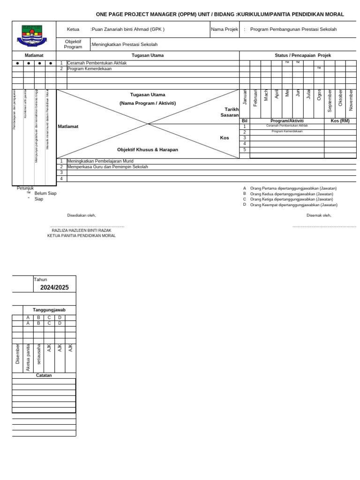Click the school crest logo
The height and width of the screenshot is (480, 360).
pos(32,36)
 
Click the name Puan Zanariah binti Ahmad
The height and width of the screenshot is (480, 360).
pos(127,30)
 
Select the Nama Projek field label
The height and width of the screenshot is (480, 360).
pos(225,30)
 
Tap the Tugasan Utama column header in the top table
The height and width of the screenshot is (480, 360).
pos(148,55)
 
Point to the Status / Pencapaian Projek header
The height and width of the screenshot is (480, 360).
pos(302,55)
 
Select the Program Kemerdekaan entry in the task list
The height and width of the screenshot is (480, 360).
pos(90,68)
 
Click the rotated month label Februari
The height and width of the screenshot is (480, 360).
pos(255,97)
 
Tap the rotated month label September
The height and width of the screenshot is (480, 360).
pos(330,100)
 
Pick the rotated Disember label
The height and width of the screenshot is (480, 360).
pos(18,353)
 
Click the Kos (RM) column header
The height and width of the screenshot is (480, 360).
pos(340,121)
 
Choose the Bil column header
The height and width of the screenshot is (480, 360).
pos(244,121)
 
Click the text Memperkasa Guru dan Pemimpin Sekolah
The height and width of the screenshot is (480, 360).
pos(107,167)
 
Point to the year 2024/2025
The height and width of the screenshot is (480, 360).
pos(54,287)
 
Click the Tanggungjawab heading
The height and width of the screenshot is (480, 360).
pos(49,310)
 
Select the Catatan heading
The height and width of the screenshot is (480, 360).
pos(44,375)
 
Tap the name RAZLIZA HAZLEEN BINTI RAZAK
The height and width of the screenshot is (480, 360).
pos(82,231)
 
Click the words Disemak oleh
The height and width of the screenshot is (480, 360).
pos(319,215)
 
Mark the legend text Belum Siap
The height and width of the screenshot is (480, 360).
pos(45,193)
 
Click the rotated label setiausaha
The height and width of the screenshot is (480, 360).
pos(39,354)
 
